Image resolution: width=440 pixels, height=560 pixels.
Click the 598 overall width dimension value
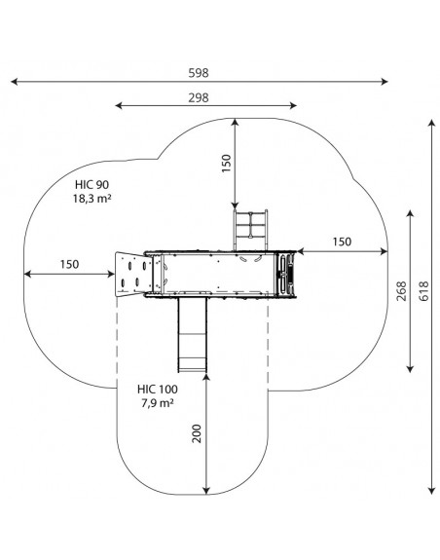[199, 73]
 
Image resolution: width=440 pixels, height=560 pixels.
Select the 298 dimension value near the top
[199, 97]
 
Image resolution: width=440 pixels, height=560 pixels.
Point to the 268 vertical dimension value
[401, 291]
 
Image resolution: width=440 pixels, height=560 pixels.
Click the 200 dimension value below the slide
[197, 433]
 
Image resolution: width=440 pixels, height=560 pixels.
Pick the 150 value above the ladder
[226, 164]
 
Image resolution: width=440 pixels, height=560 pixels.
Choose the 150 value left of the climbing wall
[69, 264]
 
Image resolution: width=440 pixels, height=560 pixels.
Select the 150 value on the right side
[342, 242]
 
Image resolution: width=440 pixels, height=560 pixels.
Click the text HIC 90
[92, 185]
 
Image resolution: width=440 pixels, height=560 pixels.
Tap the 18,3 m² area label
[92, 199]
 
